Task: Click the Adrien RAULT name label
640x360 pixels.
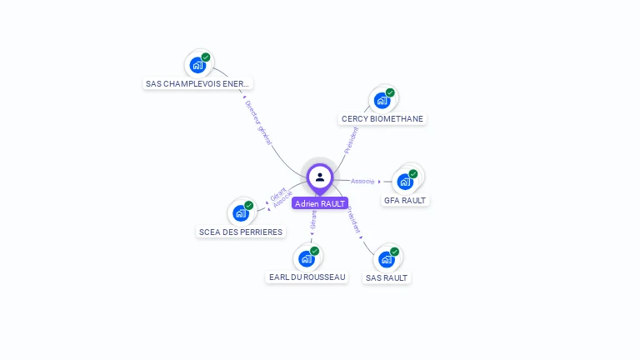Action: click(320, 203)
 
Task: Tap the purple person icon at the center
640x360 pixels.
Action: click(320, 177)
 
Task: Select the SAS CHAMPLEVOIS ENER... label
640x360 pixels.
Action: click(197, 83)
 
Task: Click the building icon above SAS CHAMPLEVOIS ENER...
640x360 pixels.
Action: click(198, 64)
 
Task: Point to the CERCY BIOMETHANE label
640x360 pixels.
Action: click(382, 119)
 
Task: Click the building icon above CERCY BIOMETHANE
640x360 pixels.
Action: click(382, 100)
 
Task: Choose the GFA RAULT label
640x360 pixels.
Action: click(405, 200)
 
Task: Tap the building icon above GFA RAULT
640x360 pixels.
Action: click(406, 181)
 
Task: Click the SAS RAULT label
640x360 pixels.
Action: click(387, 277)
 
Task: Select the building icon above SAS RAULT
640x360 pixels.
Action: click(387, 258)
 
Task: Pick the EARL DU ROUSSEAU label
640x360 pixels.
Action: click(307, 277)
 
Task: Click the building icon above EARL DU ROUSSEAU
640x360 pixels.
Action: click(307, 258)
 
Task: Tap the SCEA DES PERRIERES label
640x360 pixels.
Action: click(241, 232)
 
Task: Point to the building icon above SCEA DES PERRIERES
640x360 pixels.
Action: click(242, 212)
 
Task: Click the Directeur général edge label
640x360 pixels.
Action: click(258, 123)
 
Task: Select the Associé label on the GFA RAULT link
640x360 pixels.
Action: click(362, 181)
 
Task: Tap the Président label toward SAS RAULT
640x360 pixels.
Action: click(354, 221)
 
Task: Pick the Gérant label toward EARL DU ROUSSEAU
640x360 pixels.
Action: click(313, 220)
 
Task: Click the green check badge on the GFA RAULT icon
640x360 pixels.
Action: click(413, 174)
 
